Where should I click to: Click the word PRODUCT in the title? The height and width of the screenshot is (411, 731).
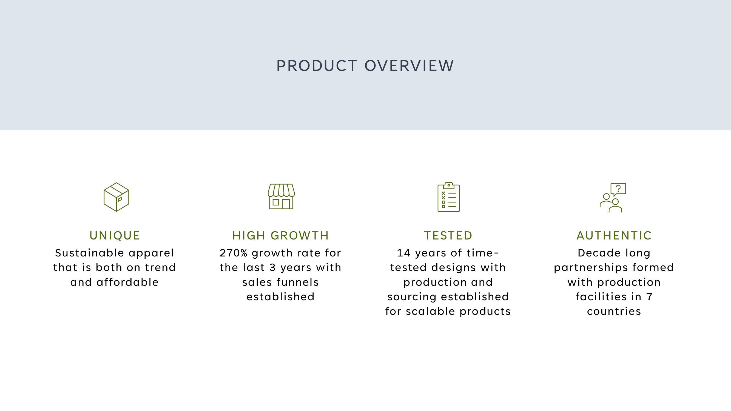tap(316, 66)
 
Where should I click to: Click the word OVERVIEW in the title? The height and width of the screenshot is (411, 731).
tap(409, 66)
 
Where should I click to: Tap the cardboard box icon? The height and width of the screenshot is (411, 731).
tap(116, 197)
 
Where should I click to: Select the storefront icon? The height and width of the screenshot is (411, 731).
tap(281, 196)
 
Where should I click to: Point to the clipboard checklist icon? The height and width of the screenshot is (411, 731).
tap(449, 197)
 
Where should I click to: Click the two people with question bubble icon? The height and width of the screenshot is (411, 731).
tap(613, 197)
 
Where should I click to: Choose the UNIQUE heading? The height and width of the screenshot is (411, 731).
tap(115, 235)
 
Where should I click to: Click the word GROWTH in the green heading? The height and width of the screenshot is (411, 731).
tap(300, 235)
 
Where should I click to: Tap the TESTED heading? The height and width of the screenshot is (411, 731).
tap(448, 235)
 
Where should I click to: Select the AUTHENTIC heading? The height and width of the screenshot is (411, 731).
tap(614, 235)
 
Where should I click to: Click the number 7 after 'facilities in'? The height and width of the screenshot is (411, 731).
tap(650, 297)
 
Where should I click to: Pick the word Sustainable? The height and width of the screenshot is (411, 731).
tap(89, 253)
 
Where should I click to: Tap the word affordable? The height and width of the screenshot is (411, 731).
tap(127, 282)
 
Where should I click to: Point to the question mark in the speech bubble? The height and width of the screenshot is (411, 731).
tap(618, 189)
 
